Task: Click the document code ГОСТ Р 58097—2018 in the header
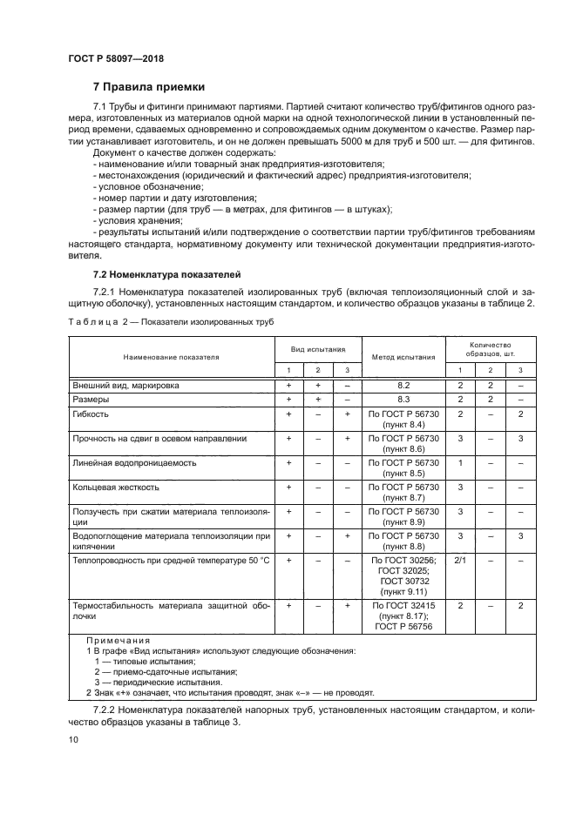[115, 58]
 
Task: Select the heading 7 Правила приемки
[149, 87]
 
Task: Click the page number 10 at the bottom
[73, 739]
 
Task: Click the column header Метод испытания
[403, 357]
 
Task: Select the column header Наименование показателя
[171, 357]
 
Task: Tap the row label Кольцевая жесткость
[111, 488]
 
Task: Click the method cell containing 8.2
[403, 384]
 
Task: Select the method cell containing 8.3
[403, 399]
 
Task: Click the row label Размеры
[91, 399]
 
